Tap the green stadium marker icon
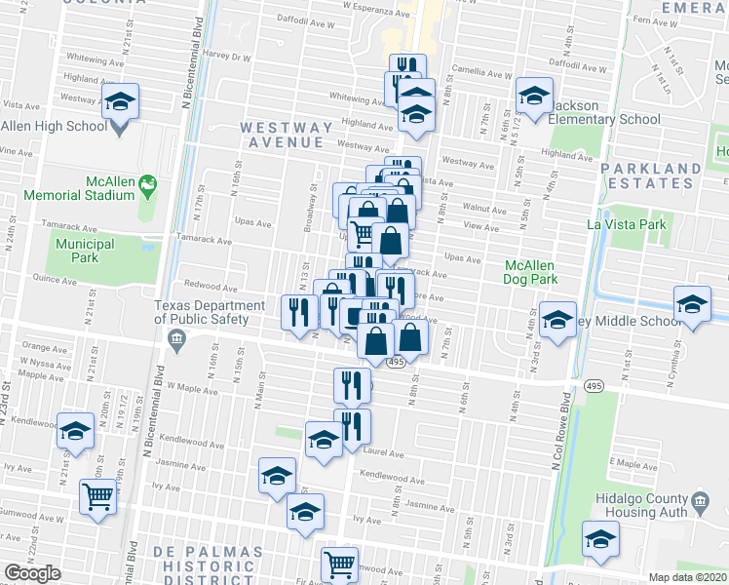pyautogui.click(x=148, y=182)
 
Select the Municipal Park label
pyautogui.click(x=85, y=251)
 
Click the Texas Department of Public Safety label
pyautogui.click(x=210, y=311)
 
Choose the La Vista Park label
pyautogui.click(x=626, y=225)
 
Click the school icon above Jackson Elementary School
pyautogui.click(x=533, y=96)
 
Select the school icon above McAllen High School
pyautogui.click(x=121, y=101)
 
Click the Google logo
pyautogui.click(x=32, y=572)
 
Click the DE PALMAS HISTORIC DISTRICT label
pyautogui.click(x=209, y=565)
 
